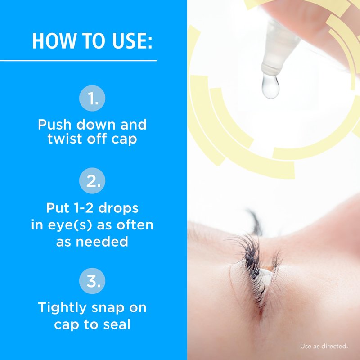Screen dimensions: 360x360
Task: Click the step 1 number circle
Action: pyautogui.click(x=92, y=98)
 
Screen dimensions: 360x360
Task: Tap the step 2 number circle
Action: pyautogui.click(x=92, y=181)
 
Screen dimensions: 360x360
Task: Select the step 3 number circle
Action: pyautogui.click(x=92, y=281)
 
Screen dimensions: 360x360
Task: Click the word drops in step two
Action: pyautogui.click(x=118, y=209)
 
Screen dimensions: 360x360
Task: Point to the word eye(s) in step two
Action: pyautogui.click(x=70, y=225)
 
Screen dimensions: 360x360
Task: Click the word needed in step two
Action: pyautogui.click(x=102, y=242)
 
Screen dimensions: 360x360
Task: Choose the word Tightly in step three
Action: pyautogui.click(x=62, y=308)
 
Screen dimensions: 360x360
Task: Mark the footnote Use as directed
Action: pyautogui.click(x=324, y=346)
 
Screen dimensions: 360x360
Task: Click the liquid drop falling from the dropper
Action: pyautogui.click(x=270, y=86)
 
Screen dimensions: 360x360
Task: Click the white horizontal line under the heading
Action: pyautogui.click(x=78, y=61)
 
